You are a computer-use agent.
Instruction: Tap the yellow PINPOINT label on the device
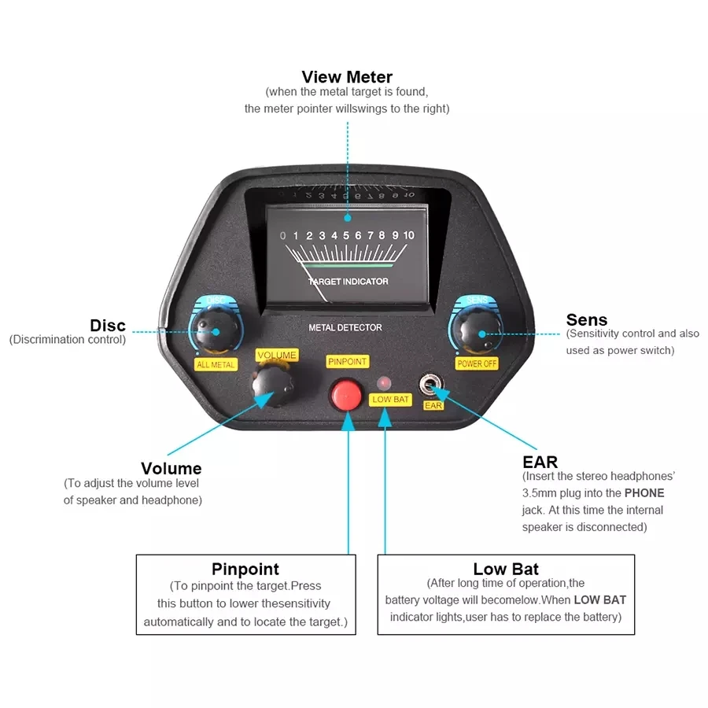(347, 362)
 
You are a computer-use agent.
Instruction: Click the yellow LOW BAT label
(391, 400)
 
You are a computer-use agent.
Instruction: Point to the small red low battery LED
(384, 382)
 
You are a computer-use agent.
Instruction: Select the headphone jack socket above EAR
(430, 385)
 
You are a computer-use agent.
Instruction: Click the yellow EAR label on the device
(433, 406)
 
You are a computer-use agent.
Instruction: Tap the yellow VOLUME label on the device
(277, 356)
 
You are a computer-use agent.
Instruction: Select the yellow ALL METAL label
(216, 364)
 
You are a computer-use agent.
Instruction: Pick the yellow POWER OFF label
(477, 363)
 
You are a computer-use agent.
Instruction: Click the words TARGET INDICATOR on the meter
(348, 282)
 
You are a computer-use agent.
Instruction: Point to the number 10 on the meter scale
(408, 235)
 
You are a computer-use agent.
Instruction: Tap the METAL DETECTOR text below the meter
(345, 327)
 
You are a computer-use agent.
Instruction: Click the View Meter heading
(347, 77)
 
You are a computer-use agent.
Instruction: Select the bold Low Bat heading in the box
(506, 569)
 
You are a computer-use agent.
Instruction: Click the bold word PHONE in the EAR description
(644, 493)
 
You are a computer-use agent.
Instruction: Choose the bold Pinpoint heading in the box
(245, 569)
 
